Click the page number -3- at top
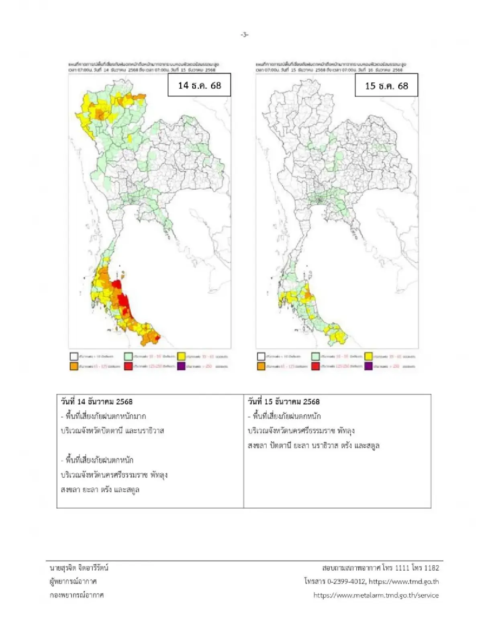point(244,35)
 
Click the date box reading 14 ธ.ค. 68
point(199,85)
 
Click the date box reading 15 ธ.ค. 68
point(386,86)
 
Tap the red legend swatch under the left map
point(128,366)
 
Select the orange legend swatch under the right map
point(261,366)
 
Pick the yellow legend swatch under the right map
point(368,356)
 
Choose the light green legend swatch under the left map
point(128,356)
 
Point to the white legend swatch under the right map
point(261,356)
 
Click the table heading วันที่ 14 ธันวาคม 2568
point(96,401)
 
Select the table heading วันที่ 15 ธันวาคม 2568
point(284,401)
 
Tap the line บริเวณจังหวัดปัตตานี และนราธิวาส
point(112,431)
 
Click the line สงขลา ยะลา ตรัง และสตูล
point(100,489)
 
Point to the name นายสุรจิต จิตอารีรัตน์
point(79,568)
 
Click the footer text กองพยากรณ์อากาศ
point(76,595)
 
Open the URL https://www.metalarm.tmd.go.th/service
point(376,595)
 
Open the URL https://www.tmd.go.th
point(404,581)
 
